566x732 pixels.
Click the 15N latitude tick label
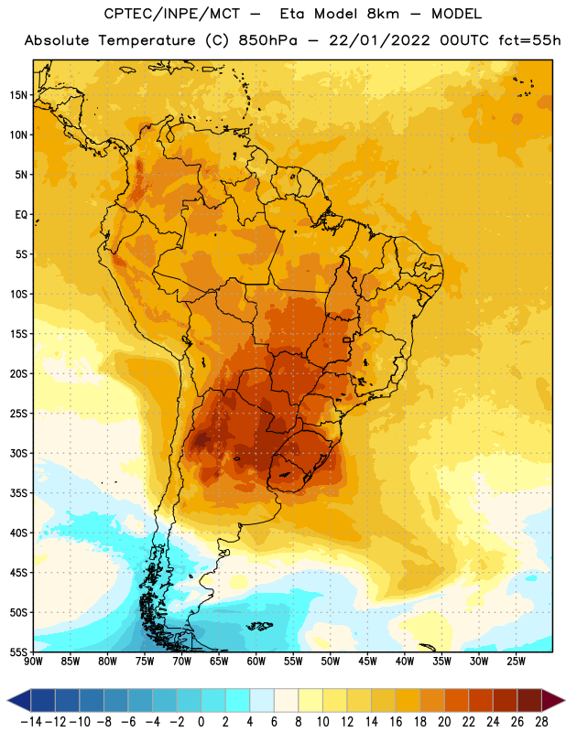click(x=18, y=95)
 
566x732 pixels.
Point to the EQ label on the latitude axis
click(x=21, y=215)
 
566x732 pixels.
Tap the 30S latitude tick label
click(x=18, y=453)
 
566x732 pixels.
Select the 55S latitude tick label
click(x=18, y=652)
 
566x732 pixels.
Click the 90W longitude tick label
click(x=33, y=662)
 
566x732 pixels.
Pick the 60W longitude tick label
click(x=256, y=662)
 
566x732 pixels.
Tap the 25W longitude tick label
click(x=516, y=662)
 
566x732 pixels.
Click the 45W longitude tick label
click(x=367, y=662)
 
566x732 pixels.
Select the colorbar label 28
click(x=541, y=722)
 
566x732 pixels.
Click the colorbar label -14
click(x=31, y=722)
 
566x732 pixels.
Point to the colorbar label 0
click(x=201, y=722)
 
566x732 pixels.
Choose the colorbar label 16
click(x=396, y=722)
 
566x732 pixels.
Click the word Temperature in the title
click(x=147, y=40)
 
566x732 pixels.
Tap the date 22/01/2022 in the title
click(x=379, y=40)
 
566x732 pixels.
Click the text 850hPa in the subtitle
click(x=267, y=40)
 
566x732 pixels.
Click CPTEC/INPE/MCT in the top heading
click(x=172, y=14)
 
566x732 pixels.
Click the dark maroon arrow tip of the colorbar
click(x=553, y=700)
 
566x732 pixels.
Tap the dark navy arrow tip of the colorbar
click(x=19, y=700)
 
